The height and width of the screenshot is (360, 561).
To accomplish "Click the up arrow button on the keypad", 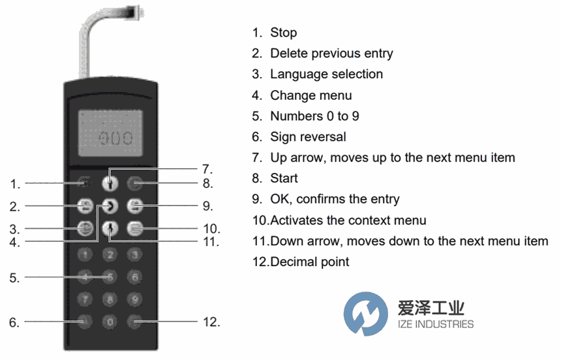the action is (110, 183).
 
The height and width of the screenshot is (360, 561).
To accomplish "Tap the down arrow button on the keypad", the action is (110, 228).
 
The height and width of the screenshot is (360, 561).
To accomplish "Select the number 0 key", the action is (110, 322).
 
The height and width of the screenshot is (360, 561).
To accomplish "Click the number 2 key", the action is (110, 254).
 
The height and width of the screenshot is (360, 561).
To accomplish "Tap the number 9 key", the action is (134, 299).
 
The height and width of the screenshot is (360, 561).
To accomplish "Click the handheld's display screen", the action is (110, 133).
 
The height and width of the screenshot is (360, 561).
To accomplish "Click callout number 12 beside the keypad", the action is (211, 322).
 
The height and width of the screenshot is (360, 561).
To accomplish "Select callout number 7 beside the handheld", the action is (207, 168).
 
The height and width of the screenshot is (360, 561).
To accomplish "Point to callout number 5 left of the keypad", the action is (14, 278).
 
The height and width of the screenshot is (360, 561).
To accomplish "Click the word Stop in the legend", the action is (283, 33).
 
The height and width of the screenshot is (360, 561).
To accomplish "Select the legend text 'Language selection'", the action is (326, 74).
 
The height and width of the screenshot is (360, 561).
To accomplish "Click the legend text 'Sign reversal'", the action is (308, 137).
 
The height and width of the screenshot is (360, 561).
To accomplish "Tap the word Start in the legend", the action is (284, 178).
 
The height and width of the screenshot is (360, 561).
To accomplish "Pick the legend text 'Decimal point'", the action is (309, 262).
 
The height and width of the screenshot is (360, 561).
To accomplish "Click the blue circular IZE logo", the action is (366, 314).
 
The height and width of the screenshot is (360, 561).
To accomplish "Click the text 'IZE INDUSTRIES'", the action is (435, 324).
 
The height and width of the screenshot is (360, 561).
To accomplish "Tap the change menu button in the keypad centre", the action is (110, 206).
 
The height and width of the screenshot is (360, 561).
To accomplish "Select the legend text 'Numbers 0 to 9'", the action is (314, 116).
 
